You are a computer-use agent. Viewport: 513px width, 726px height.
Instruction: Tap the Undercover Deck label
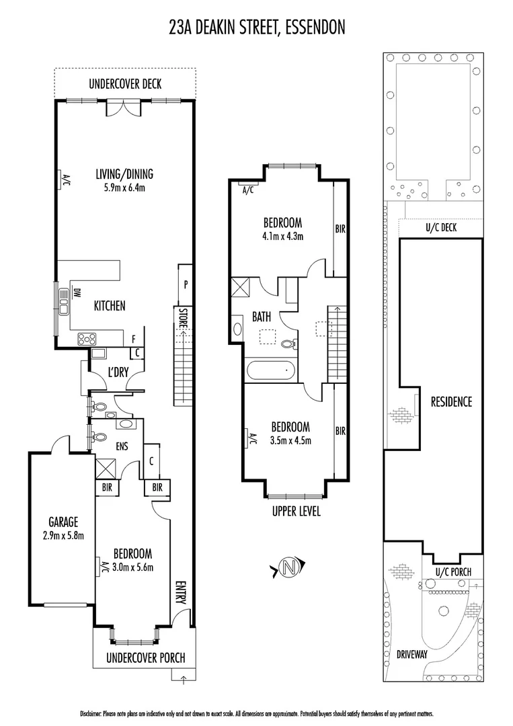tap(125, 85)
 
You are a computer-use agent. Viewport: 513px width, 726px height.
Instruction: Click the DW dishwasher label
tap(77, 293)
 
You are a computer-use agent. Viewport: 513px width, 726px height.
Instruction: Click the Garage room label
tap(63, 522)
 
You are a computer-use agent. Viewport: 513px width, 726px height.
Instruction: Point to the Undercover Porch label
tap(145, 658)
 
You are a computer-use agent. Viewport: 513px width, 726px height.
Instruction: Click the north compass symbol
tap(290, 567)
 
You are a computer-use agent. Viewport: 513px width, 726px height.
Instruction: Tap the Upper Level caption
tap(296, 512)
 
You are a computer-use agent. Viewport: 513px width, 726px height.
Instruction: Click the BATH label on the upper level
tap(262, 316)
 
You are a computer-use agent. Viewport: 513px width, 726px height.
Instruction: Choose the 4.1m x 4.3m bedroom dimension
tap(282, 236)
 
